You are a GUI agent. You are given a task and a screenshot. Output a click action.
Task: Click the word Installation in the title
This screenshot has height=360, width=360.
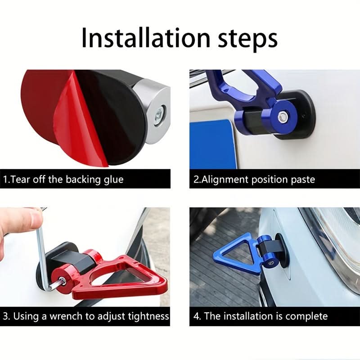pyautogui.click(x=146, y=37)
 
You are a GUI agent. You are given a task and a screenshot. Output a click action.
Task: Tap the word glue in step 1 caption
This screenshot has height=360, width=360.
pyautogui.click(x=113, y=179)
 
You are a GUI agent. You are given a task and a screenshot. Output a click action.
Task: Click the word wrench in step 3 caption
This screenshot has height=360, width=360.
pyautogui.click(x=66, y=316)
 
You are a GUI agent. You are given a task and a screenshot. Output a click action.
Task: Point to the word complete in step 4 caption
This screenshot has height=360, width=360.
pyautogui.click(x=306, y=316)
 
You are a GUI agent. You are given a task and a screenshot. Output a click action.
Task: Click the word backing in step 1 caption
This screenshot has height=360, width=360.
pyautogui.click(x=83, y=179)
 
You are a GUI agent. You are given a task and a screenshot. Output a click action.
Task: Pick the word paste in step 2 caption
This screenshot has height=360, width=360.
pyautogui.click(x=303, y=180)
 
